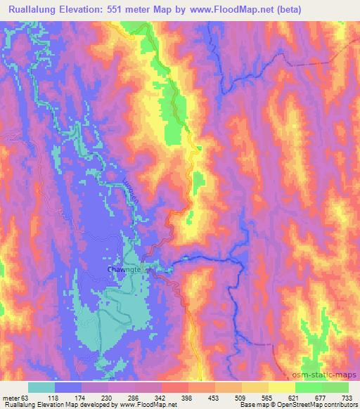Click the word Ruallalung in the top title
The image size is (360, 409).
(x=34, y=10)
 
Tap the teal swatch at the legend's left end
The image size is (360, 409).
(x=41, y=387)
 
